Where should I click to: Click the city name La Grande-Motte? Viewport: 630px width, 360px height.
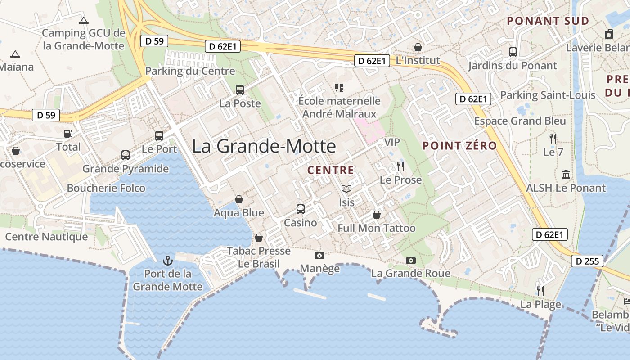coord(264,147)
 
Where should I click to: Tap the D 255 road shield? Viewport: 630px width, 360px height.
coord(587,261)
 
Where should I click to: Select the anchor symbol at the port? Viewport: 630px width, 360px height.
coord(167,260)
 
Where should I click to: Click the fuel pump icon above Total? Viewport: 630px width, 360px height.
coord(68,133)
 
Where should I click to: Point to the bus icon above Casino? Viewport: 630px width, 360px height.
coord(300,209)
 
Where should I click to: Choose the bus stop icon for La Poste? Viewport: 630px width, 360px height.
coord(240,90)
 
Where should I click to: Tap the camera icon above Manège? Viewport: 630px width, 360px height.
coord(319,255)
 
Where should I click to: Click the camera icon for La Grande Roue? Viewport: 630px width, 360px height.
coord(410,260)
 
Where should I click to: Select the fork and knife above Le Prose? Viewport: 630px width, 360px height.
coord(400,166)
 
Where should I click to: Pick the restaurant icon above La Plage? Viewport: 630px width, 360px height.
coord(540,291)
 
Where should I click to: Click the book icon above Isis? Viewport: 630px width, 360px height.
coord(346,189)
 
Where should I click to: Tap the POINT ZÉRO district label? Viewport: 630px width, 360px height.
coord(459,146)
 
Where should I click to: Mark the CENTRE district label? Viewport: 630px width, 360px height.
coord(331,170)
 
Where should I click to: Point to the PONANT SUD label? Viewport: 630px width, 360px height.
coord(548,21)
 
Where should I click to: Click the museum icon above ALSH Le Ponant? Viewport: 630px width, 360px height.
coord(566,174)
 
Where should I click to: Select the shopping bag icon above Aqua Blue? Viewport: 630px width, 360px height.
coord(239,199)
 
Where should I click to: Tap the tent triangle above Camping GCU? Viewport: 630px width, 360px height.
coord(83,20)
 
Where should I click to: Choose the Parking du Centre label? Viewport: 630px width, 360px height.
coord(190,71)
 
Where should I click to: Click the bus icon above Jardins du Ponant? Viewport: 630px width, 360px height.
coord(513,52)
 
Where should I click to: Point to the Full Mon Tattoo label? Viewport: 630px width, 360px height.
coord(377,228)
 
